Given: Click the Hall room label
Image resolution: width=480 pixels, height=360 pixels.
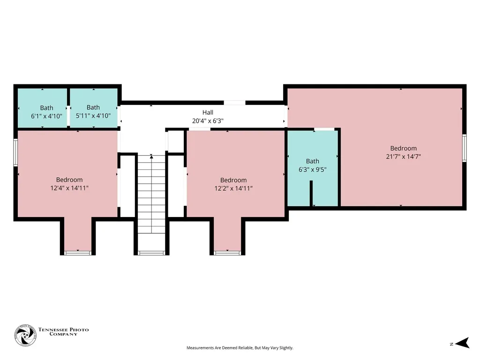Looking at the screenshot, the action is click(x=208, y=112).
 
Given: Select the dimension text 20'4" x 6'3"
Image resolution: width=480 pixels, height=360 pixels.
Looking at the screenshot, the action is click(x=208, y=120).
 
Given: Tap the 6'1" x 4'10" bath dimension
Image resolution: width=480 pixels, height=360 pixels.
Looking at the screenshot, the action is click(x=46, y=116).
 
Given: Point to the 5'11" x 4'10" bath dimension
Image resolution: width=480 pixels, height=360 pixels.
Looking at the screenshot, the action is click(x=93, y=116).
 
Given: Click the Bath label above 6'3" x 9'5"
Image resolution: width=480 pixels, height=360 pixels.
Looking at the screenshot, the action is click(x=313, y=161).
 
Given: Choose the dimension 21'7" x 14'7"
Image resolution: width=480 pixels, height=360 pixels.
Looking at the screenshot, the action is click(x=404, y=157).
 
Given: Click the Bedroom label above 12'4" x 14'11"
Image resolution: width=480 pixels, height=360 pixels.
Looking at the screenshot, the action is click(x=69, y=180).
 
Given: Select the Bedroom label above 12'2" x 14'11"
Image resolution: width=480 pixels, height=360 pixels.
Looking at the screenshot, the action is click(x=233, y=180).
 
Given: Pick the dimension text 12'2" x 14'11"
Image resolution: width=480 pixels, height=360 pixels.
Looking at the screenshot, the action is click(x=233, y=188).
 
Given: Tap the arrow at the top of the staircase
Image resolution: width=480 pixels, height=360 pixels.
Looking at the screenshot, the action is click(x=151, y=157).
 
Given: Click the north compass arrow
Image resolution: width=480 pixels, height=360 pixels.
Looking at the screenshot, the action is click(x=462, y=343).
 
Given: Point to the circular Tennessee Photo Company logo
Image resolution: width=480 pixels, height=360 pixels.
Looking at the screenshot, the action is click(x=25, y=336).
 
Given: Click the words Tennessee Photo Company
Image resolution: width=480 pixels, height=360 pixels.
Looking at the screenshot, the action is click(x=63, y=331).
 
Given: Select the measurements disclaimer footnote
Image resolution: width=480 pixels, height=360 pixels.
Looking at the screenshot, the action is click(x=240, y=348).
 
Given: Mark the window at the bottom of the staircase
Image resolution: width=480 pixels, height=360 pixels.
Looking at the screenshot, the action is click(x=151, y=253).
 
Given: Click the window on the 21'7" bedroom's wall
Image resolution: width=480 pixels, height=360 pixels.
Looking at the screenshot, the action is click(x=465, y=148).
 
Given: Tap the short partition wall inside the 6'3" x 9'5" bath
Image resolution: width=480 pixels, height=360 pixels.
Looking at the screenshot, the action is click(x=311, y=194).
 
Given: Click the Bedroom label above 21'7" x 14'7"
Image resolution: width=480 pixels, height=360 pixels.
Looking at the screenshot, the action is click(x=404, y=148).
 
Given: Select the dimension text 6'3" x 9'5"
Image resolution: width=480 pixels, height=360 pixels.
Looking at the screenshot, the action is click(x=313, y=169).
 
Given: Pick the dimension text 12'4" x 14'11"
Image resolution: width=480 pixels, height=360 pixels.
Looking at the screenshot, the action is click(x=69, y=188).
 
